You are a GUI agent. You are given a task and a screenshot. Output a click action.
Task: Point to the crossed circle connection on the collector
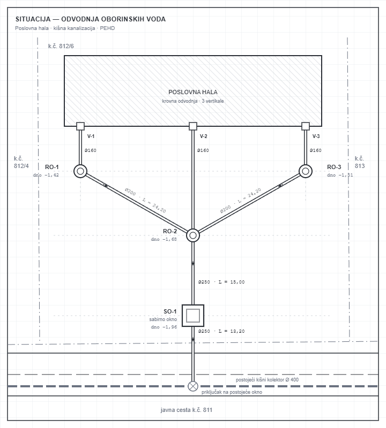coord(193,386)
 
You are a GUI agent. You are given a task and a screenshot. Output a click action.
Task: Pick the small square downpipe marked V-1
coord(80,126)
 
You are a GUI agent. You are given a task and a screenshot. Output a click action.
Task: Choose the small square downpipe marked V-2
coord(193,126)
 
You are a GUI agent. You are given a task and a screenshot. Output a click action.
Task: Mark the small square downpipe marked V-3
coord(306,126)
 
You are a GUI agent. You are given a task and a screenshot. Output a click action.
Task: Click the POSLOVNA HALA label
coord(193,92)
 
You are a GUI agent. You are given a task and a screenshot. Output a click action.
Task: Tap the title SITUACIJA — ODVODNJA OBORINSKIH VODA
coord(91,19)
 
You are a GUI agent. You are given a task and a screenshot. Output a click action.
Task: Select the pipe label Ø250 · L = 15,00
coord(221,282)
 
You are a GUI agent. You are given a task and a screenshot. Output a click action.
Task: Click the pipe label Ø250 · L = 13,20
coord(221,331)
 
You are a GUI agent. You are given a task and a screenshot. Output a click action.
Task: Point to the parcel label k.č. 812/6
coord(61,46)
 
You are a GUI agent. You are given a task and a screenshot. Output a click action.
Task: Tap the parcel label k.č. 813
coord(360,162)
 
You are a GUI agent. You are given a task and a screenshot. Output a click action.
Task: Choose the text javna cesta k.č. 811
coord(186,410)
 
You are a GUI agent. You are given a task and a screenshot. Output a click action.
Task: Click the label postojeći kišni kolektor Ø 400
coord(268,379)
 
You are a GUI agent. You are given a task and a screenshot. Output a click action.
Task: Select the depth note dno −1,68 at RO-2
coord(164,239)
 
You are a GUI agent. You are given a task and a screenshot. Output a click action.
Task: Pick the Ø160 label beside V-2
coord(203,150)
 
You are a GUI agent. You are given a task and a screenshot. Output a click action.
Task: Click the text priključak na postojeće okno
coord(232,392)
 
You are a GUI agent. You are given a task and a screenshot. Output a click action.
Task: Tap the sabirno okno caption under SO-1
coord(163,319)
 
